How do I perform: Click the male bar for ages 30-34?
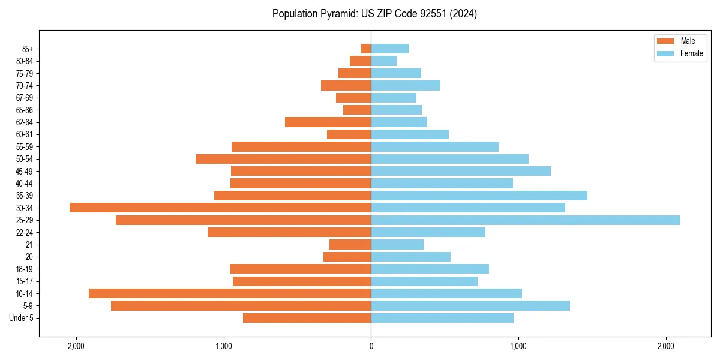[220, 208]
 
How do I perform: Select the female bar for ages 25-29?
[526, 220]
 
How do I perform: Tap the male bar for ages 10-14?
[230, 293]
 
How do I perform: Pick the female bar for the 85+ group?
[390, 49]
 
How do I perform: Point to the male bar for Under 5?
[307, 318]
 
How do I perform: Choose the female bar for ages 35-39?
[479, 196]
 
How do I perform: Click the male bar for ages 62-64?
[328, 122]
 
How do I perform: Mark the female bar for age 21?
[397, 245]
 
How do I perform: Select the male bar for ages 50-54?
[283, 159]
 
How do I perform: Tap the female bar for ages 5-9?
[470, 306]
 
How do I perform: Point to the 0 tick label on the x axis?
[371, 346]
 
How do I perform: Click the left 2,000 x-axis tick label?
[76, 346]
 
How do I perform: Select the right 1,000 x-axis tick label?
[518, 346]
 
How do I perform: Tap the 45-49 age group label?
[25, 171]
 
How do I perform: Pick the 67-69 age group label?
[25, 98]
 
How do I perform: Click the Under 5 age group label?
[22, 318]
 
